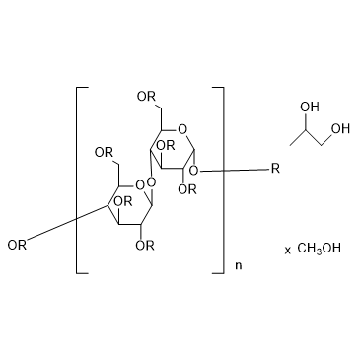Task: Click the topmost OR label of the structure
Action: (x=145, y=96)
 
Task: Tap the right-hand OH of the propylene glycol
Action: (x=339, y=127)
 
